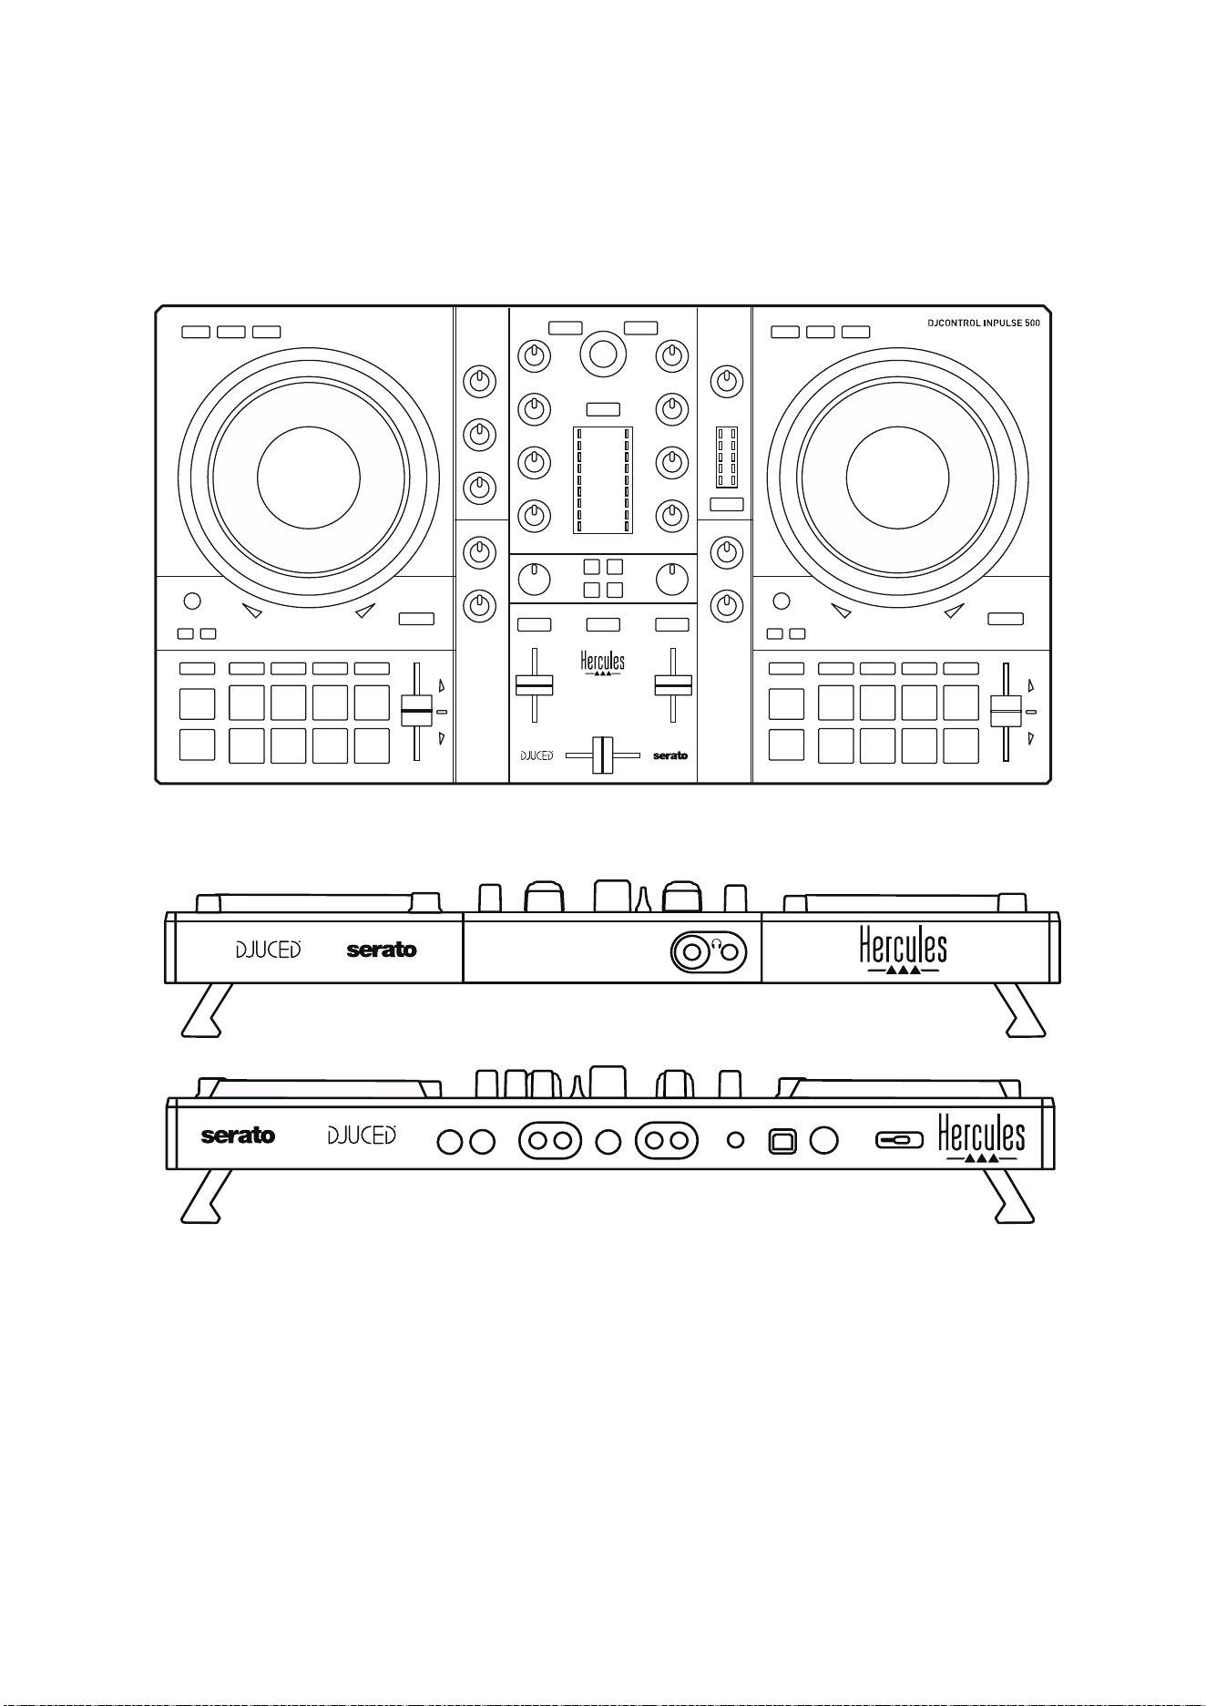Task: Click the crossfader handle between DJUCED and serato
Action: click(x=602, y=755)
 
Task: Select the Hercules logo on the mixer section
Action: click(x=603, y=663)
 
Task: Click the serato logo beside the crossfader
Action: click(x=670, y=755)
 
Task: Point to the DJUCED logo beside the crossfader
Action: click(x=537, y=755)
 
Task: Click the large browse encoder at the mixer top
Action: click(x=603, y=355)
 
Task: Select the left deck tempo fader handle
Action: click(x=416, y=710)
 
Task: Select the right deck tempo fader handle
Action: click(x=1006, y=710)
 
